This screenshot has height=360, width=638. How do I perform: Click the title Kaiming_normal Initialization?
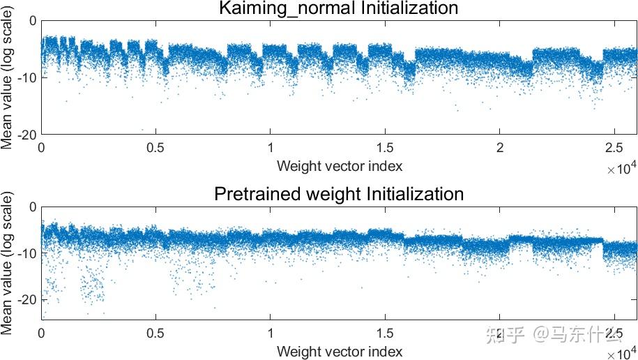tap(339, 8)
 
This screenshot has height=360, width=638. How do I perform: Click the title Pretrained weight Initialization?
tap(339, 193)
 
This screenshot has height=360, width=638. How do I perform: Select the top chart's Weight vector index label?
tap(339, 166)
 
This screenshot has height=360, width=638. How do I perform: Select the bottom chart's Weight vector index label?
tap(339, 352)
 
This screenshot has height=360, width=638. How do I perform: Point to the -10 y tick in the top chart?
tap(26, 77)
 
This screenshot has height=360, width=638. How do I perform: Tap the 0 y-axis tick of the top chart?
tap(33, 20)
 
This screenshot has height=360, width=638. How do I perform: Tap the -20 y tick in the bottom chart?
tap(26, 299)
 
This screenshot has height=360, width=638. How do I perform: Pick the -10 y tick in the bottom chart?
tap(26, 253)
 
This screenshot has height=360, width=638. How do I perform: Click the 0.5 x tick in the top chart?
tap(155, 148)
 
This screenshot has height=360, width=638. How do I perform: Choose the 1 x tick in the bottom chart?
tap(271, 334)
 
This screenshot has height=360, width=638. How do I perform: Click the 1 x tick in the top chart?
tap(271, 148)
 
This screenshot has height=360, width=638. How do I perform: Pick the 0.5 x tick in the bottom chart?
tap(155, 334)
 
